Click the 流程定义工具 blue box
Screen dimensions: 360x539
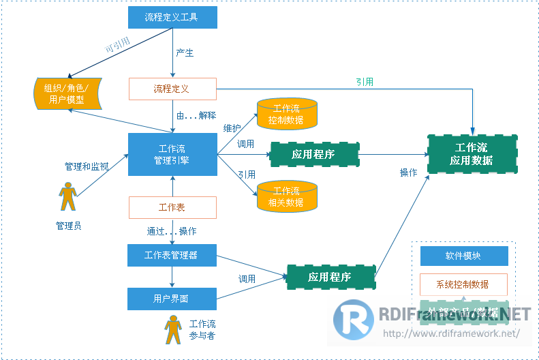point(172,17)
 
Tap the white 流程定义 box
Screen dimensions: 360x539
point(172,89)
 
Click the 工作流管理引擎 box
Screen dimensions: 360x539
point(172,154)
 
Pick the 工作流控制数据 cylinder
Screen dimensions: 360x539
point(287,114)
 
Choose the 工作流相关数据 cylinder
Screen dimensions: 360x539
point(287,196)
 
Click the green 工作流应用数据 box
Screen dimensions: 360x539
point(471,154)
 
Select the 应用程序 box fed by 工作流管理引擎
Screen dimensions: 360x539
point(314,154)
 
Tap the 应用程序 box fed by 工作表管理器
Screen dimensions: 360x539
point(330,277)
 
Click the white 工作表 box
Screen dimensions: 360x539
point(172,207)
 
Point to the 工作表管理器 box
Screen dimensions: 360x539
point(172,256)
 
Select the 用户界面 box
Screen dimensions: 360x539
point(172,299)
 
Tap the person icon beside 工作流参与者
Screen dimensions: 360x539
point(172,330)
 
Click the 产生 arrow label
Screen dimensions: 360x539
point(185,53)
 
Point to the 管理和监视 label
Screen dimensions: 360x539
point(86,166)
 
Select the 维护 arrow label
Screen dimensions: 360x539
point(232,127)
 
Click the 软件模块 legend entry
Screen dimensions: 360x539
point(463,256)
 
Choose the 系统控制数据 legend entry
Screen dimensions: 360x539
point(463,284)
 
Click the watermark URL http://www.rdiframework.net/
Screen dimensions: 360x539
point(451,333)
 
